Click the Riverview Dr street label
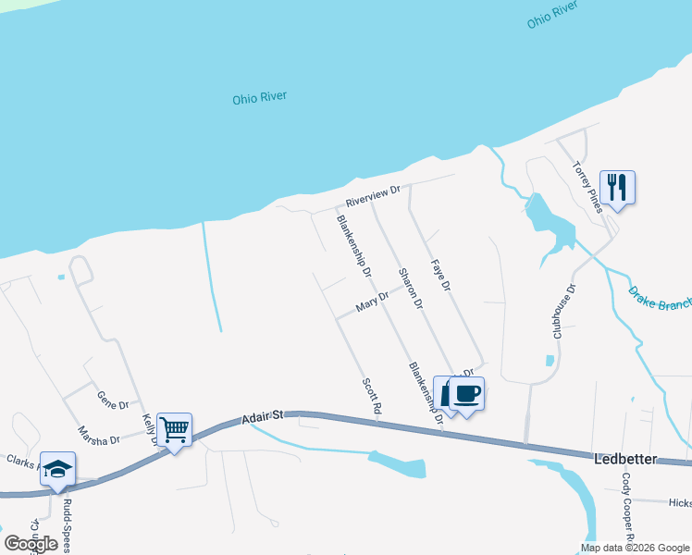pyautogui.click(x=372, y=195)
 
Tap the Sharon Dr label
pyautogui.click(x=410, y=289)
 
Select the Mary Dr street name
pyautogui.click(x=371, y=302)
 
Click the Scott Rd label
pyautogui.click(x=372, y=395)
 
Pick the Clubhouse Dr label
pyautogui.click(x=562, y=312)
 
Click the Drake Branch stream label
pyautogui.click(x=661, y=299)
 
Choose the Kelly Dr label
pyautogui.click(x=149, y=430)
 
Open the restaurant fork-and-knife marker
pyautogui.click(x=615, y=188)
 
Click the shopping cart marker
pyautogui.click(x=174, y=430)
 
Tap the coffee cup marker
pyautogui.click(x=467, y=394)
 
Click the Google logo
pyautogui.click(x=31, y=544)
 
